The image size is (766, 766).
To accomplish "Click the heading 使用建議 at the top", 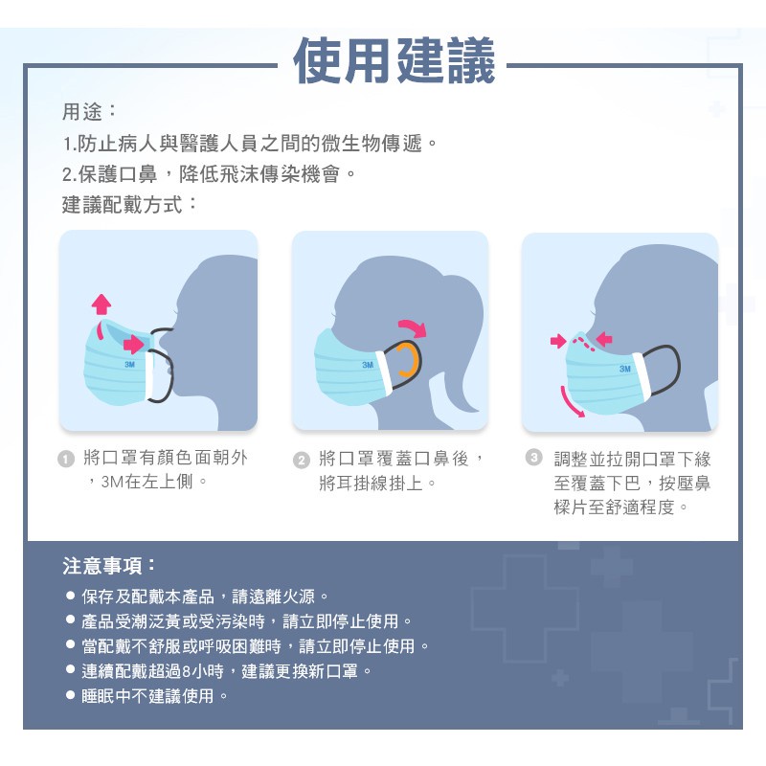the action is point(394,60).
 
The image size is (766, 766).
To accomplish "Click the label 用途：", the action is point(89,112).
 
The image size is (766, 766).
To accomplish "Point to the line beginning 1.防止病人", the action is point(249,144).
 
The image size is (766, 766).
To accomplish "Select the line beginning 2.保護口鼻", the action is point(209,174).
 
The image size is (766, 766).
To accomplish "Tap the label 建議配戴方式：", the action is point(129,204).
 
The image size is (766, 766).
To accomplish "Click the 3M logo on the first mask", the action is point(129,365).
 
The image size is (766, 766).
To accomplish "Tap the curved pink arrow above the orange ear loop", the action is point(414,327).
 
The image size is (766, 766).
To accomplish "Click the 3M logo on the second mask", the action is point(368,365).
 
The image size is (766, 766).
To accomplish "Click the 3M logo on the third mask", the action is point(625,369).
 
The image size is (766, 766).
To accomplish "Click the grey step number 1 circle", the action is point(66,460).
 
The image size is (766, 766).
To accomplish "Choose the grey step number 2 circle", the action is point(302,461).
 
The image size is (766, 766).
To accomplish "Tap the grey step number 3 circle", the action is point(534,458).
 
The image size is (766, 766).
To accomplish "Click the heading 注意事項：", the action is point(109,566).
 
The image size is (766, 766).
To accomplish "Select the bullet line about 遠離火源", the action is point(197,596).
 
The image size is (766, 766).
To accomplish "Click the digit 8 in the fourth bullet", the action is point(186,672).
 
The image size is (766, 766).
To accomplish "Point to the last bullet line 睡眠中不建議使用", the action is point(147,696).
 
